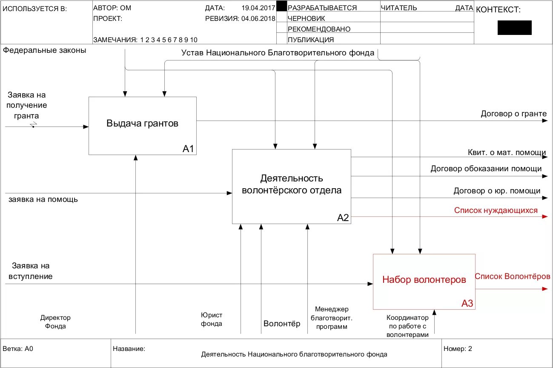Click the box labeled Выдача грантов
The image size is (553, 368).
point(142,124)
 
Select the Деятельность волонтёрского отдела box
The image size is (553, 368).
point(291,184)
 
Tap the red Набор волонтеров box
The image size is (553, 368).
point(424,280)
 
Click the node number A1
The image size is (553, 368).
point(188,149)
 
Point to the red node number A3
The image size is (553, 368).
point(467,303)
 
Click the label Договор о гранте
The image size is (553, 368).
point(513,114)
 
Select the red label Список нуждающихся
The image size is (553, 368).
point(496,210)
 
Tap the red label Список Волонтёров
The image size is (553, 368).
point(513,276)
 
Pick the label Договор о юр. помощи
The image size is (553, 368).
point(497,191)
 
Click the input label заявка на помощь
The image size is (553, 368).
point(43,199)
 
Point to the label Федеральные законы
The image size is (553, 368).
point(44,51)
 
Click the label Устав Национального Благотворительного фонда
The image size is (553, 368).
point(278,53)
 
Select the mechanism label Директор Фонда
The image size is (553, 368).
point(55,322)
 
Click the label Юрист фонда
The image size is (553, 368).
point(211,319)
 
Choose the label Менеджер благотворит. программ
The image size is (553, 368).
point(332,318)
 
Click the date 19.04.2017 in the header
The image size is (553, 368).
point(258,8)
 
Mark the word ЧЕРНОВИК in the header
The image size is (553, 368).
point(306,18)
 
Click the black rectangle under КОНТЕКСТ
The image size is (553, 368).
point(514,28)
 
